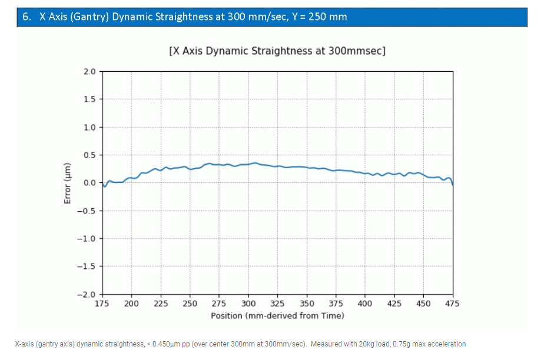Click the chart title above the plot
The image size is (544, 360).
tap(277, 51)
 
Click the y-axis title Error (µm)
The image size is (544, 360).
tap(67, 182)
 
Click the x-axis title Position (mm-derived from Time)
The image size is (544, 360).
tap(277, 315)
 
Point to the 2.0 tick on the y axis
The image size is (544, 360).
tap(89, 72)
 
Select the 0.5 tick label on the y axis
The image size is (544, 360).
tap(89, 155)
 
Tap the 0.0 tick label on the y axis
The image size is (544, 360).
tap(89, 183)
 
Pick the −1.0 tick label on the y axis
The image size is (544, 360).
tap(87, 239)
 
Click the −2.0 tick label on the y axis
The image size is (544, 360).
tap(87, 294)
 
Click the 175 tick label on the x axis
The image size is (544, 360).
tap(102, 304)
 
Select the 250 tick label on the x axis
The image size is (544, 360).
tap(190, 304)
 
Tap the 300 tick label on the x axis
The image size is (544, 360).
tap(248, 304)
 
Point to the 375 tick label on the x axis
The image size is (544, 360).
tap(336, 304)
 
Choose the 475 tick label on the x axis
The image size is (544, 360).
tap(452, 304)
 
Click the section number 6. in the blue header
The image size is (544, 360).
tap(26, 16)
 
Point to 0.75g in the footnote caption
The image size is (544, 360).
tap(388, 344)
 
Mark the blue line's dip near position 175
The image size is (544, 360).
tap(105, 186)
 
